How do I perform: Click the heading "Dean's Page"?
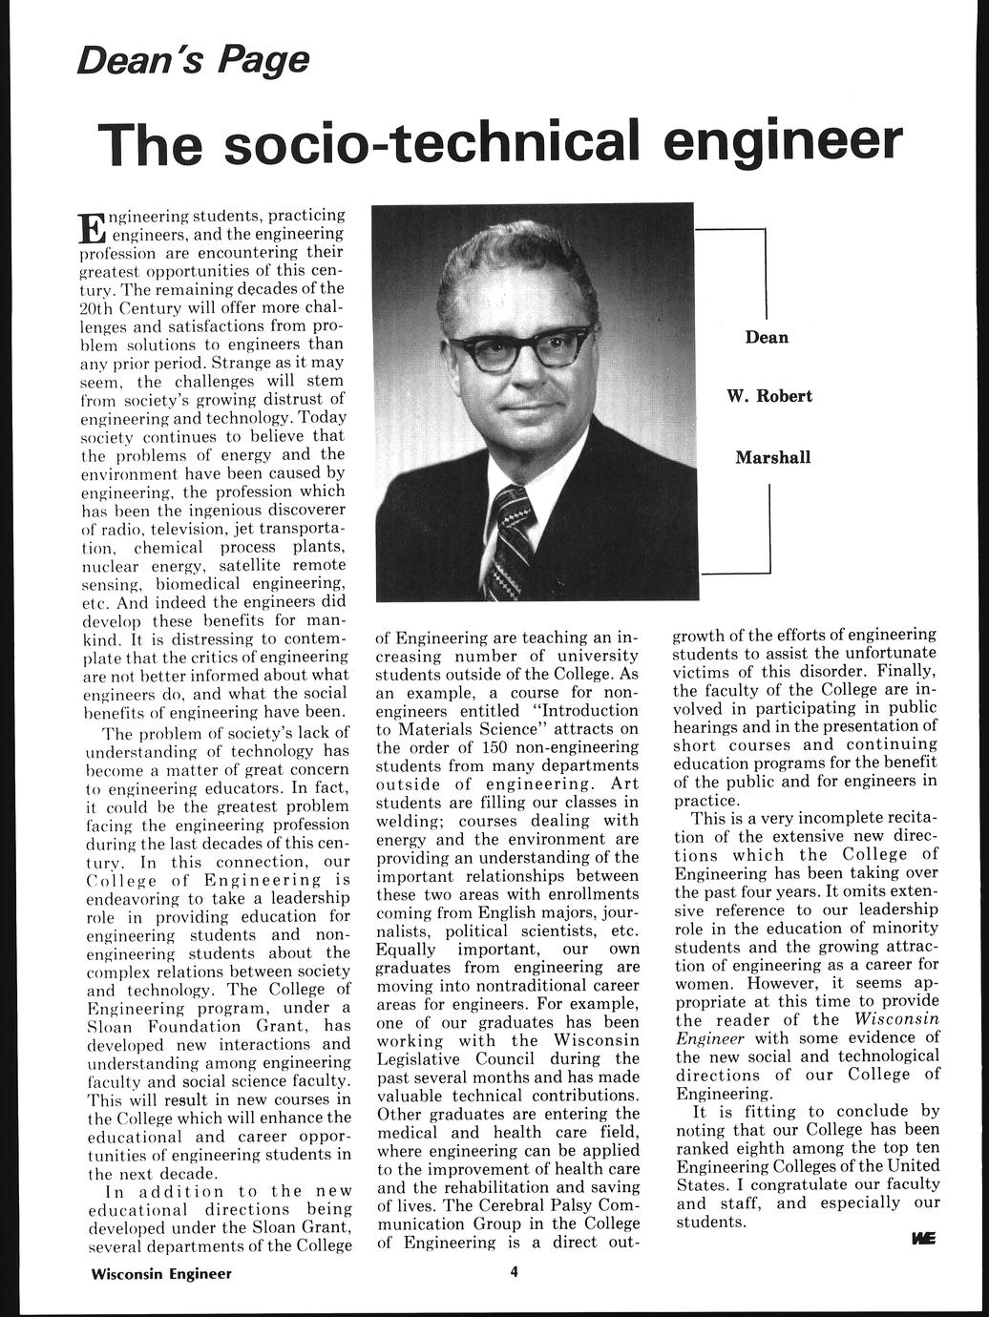tap(194, 60)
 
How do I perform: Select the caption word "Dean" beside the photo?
tap(767, 337)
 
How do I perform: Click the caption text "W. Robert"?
tap(769, 396)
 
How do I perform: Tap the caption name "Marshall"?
tap(772, 457)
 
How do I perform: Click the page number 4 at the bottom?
tap(513, 1272)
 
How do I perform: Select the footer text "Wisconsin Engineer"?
tap(161, 1273)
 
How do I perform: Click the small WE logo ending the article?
tap(923, 1239)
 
